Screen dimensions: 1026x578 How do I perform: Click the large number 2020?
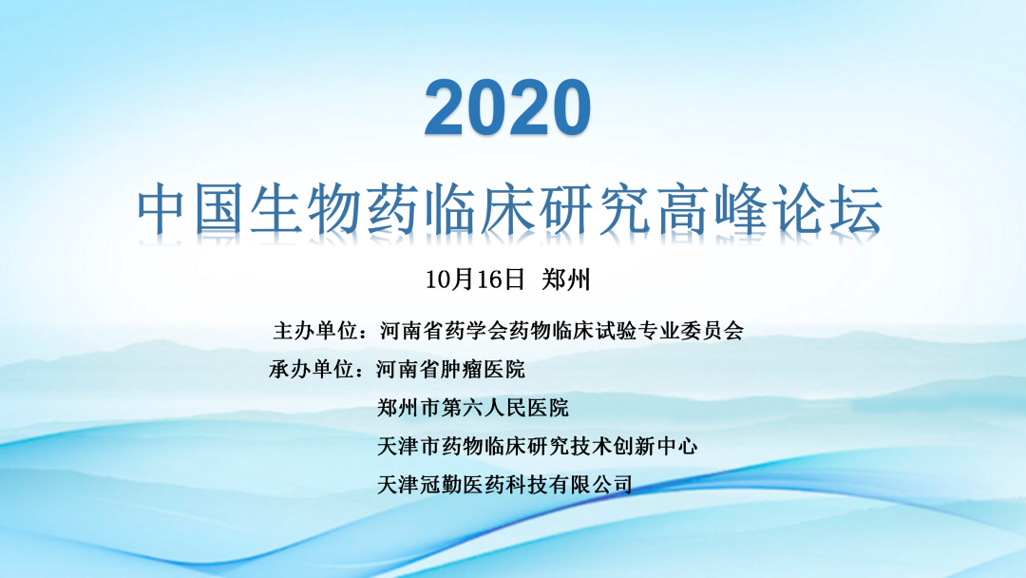(x=507, y=107)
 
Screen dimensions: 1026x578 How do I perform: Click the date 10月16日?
(x=475, y=279)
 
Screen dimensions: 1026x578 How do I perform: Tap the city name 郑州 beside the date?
(x=566, y=279)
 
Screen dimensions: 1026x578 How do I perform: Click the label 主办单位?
(x=315, y=331)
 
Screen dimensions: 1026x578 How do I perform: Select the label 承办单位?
(x=312, y=369)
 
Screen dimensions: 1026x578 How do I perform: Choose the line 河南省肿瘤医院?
(x=451, y=369)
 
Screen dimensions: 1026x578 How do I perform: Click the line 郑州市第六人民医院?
(x=472, y=408)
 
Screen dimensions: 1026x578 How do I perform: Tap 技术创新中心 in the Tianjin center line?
(x=634, y=447)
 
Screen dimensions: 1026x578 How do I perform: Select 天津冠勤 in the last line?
(x=420, y=485)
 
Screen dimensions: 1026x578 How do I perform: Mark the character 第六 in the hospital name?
(x=462, y=408)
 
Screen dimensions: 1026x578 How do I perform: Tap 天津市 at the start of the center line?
(x=408, y=447)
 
